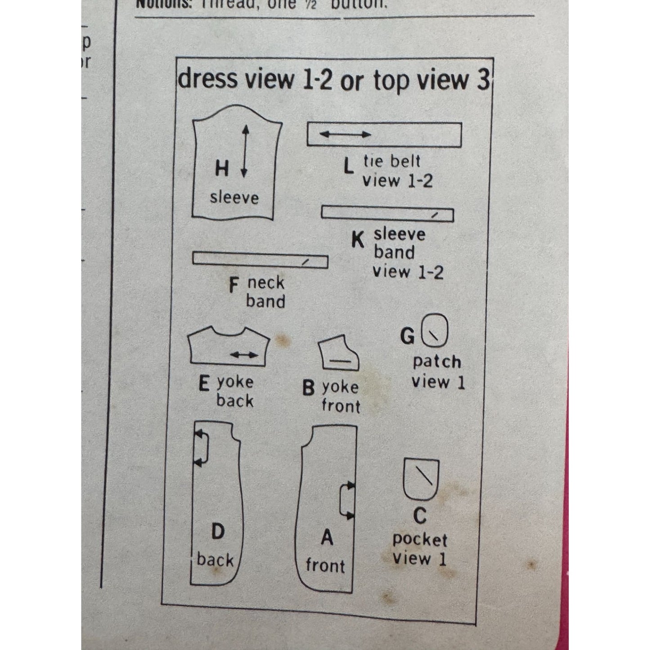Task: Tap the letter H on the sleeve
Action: click(x=222, y=169)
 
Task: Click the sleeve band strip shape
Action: click(x=387, y=214)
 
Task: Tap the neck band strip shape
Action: click(x=260, y=260)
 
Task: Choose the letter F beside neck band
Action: click(x=233, y=285)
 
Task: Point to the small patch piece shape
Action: click(x=435, y=331)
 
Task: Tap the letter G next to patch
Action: click(x=408, y=336)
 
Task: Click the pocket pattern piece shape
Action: click(x=421, y=479)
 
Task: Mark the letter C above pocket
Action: click(x=420, y=516)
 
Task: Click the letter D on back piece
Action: click(x=218, y=532)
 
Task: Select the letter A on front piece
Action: click(x=327, y=538)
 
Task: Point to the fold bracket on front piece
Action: click(x=347, y=500)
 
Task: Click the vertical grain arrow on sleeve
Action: click(x=245, y=151)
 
